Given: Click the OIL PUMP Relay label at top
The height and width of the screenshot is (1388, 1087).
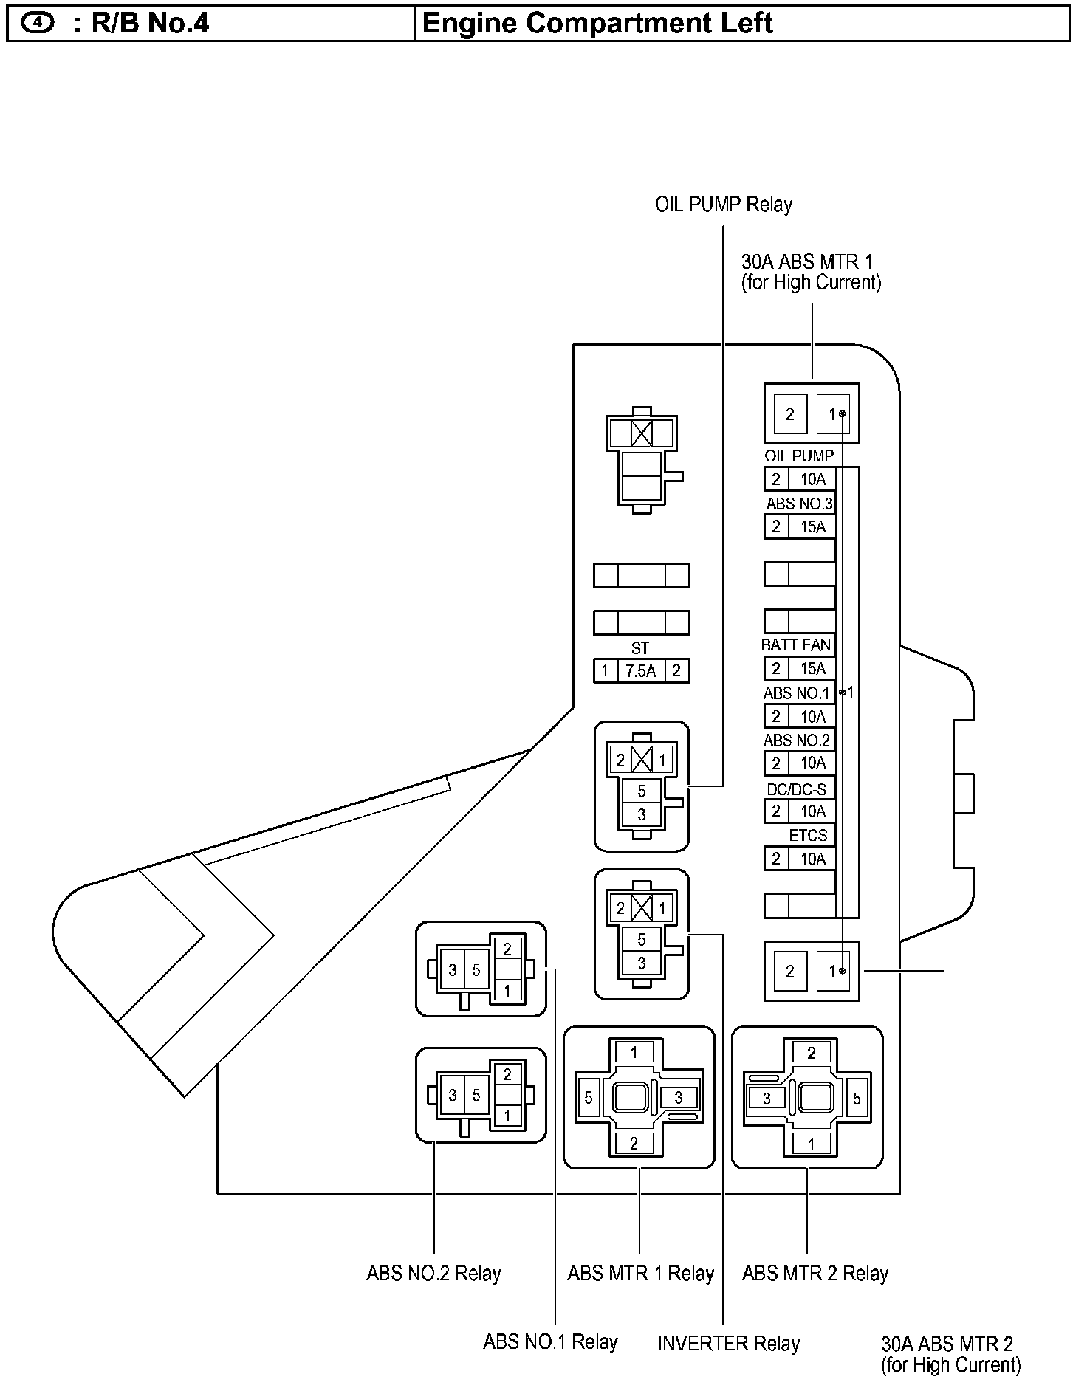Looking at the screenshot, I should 723,205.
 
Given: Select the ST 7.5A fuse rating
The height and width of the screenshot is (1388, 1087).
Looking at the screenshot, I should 640,671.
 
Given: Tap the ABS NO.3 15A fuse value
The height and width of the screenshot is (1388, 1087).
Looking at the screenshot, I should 812,526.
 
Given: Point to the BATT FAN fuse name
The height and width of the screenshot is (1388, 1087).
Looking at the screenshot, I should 796,645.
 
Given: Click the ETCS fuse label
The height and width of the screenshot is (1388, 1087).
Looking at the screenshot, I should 808,835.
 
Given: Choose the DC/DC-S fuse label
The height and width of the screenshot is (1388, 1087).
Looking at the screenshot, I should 796,789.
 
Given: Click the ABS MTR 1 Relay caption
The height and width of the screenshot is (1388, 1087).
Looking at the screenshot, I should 640,1274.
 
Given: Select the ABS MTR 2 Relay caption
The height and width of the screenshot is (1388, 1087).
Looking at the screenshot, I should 815,1274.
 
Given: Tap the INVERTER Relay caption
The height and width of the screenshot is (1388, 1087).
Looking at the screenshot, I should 728,1344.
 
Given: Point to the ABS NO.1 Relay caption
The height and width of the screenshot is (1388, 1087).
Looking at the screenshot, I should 550,1341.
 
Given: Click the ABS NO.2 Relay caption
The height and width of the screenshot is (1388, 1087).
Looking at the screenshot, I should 433,1274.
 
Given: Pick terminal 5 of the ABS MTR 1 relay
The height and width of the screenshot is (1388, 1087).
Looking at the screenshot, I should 589,1098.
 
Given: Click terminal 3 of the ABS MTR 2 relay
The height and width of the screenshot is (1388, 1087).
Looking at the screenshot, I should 767,1099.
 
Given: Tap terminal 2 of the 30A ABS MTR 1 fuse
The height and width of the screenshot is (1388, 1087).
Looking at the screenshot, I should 789,414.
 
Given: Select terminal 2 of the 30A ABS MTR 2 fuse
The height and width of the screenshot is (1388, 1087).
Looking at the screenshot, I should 789,971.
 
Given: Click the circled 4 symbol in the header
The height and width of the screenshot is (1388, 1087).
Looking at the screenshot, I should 38,23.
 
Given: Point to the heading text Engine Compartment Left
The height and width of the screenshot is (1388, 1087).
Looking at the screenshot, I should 597,23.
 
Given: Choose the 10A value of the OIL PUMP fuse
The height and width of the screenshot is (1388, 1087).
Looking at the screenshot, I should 812,479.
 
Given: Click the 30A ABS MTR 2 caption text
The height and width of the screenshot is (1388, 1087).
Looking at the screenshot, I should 950,1354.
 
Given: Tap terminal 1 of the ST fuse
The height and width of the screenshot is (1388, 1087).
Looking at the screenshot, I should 605,671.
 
